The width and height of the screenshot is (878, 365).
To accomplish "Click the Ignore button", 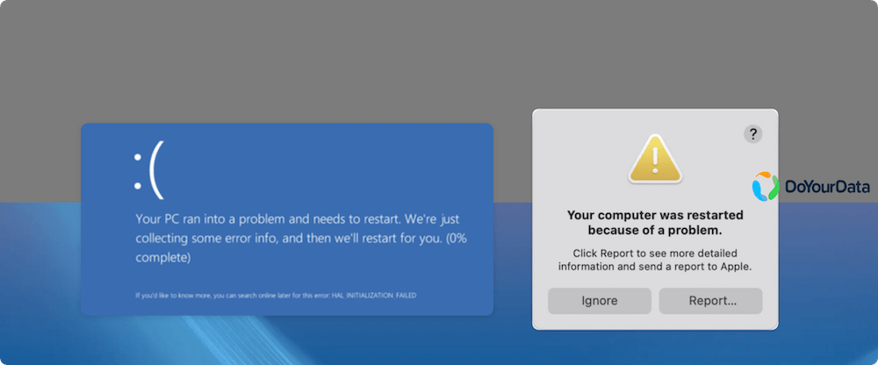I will point(600,301).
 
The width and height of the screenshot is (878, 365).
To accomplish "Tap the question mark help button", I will point(753,134).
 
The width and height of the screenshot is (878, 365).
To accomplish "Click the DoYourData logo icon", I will point(766,186).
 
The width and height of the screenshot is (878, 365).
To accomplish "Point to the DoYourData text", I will point(826,187).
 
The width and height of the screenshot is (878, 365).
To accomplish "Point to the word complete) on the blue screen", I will point(162,257).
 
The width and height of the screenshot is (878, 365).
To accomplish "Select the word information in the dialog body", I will point(590,267).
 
